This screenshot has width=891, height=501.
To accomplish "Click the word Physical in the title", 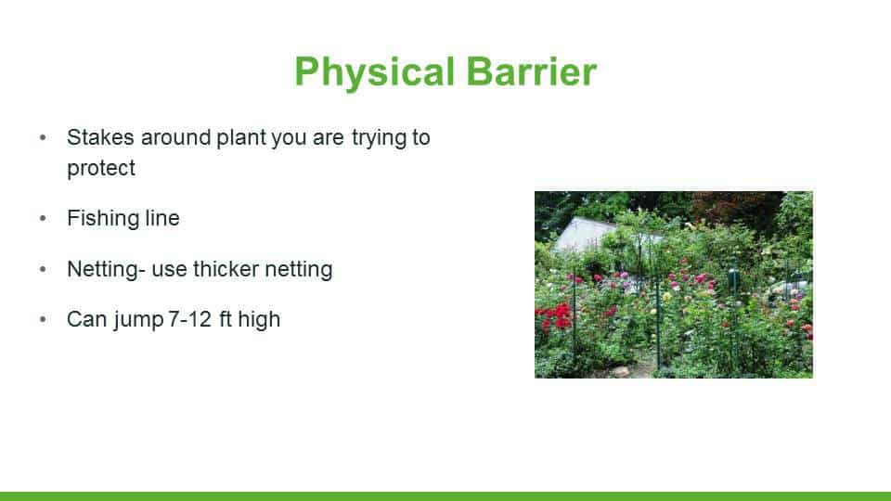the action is tap(374, 72).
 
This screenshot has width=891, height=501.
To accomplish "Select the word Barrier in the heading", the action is tap(531, 71).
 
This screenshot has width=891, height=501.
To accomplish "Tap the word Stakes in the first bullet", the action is tap(100, 137).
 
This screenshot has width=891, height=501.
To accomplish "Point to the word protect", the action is tap(101, 168).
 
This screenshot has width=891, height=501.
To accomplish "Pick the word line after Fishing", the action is tap(162, 218).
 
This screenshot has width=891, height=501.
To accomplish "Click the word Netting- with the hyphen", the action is tap(106, 270).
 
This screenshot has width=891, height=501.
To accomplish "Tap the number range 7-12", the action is tap(189, 319).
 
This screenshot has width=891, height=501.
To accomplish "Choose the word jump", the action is tap(138, 320).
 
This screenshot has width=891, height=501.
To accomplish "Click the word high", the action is tap(259, 320).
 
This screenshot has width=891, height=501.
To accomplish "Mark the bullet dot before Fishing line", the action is tap(43, 219).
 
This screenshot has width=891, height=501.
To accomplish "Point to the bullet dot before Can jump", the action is tap(43, 320).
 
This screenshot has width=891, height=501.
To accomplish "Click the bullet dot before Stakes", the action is tap(43, 137).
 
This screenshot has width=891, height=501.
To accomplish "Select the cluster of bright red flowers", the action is tap(555, 315).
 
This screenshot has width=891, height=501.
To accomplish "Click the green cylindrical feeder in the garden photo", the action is tap(733, 279).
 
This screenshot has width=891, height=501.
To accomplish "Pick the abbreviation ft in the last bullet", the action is tap(225, 319).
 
